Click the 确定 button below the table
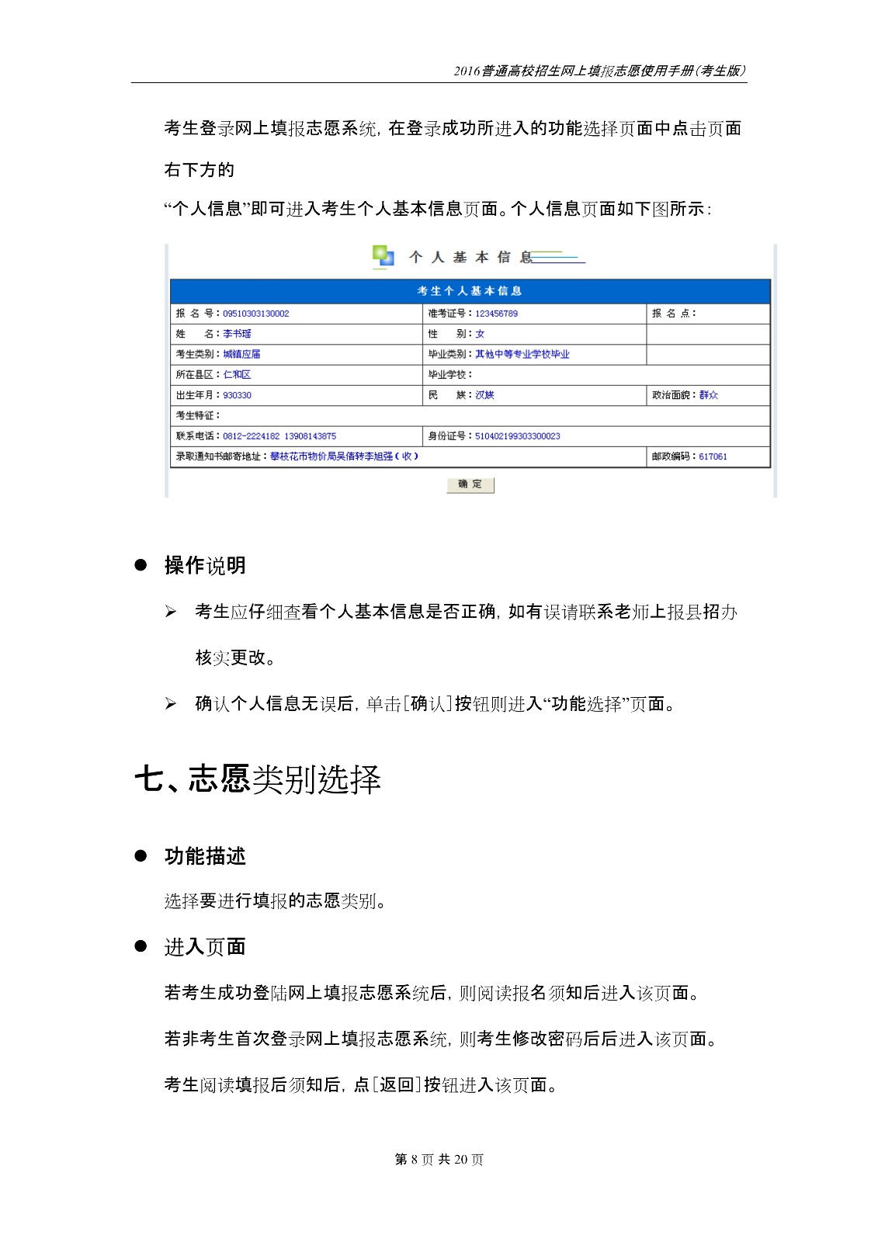click(470, 484)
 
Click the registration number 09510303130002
click(255, 314)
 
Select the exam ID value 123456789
click(496, 314)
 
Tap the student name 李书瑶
click(237, 334)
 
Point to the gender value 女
click(480, 334)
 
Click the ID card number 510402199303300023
click(517, 436)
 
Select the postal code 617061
click(713, 456)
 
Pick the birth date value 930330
click(237, 395)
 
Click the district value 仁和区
click(237, 375)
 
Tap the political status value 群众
click(708, 395)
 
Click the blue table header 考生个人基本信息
click(470, 291)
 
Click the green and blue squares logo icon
click(383, 256)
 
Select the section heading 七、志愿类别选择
click(258, 779)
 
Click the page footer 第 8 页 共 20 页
click(439, 1160)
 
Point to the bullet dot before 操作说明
click(141, 565)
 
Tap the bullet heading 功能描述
click(205, 856)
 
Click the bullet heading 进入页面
click(205, 947)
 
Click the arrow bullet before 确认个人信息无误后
click(171, 704)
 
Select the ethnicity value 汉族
click(484, 395)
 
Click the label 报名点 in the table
click(673, 314)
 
